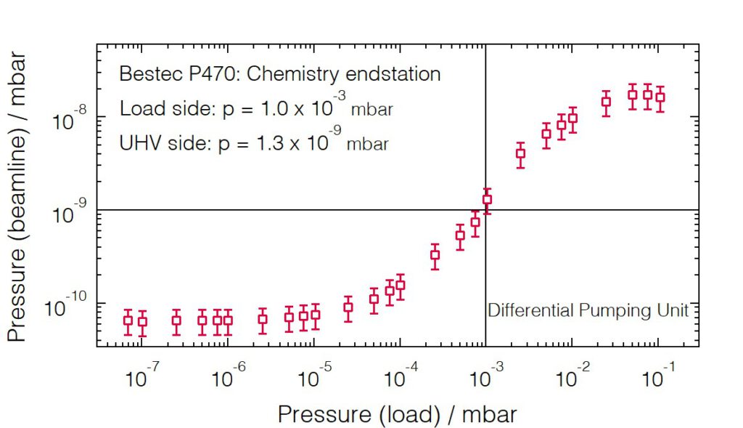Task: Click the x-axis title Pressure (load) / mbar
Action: [397, 414]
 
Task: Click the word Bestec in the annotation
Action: [144, 74]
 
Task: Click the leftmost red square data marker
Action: [128, 320]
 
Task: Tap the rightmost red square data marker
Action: [660, 97]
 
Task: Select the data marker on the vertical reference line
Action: [487, 199]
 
